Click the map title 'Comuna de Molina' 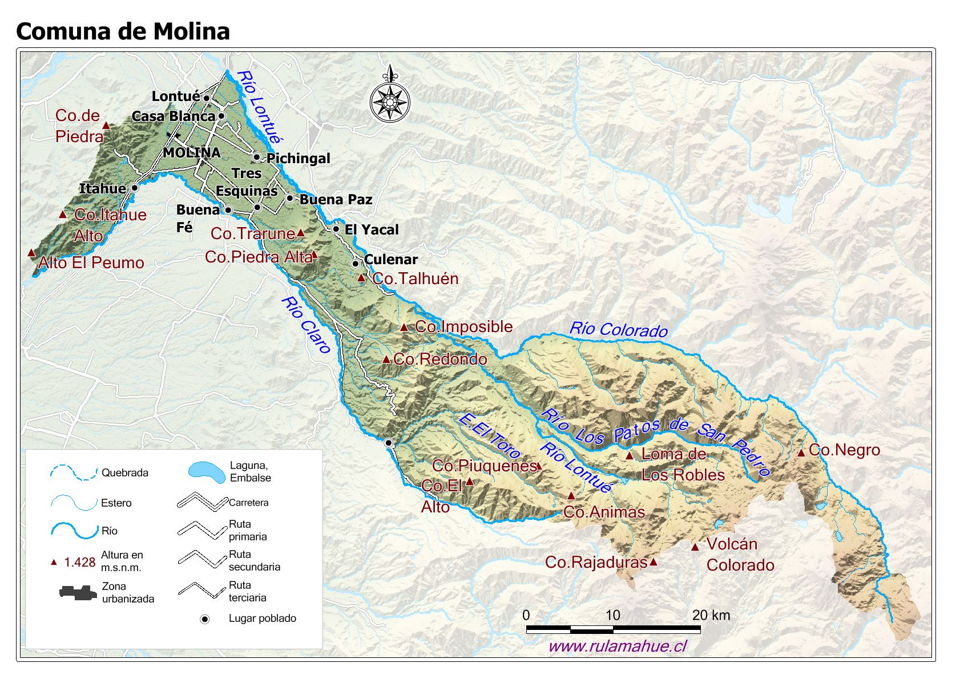[123, 31]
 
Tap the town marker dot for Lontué [207, 98]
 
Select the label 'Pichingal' [298, 158]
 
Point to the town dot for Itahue [135, 188]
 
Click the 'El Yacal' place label [372, 229]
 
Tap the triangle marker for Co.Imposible [404, 328]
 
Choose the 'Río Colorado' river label [619, 329]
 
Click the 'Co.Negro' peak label [844, 450]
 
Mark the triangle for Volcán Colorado [695, 547]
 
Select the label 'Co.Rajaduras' [596, 562]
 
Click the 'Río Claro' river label [306, 325]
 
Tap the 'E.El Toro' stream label [489, 436]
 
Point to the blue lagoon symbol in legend [206, 472]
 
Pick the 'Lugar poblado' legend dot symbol [205, 619]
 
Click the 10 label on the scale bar [612, 615]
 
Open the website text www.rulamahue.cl [617, 646]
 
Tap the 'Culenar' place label [391, 260]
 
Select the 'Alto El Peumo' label [91, 262]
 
